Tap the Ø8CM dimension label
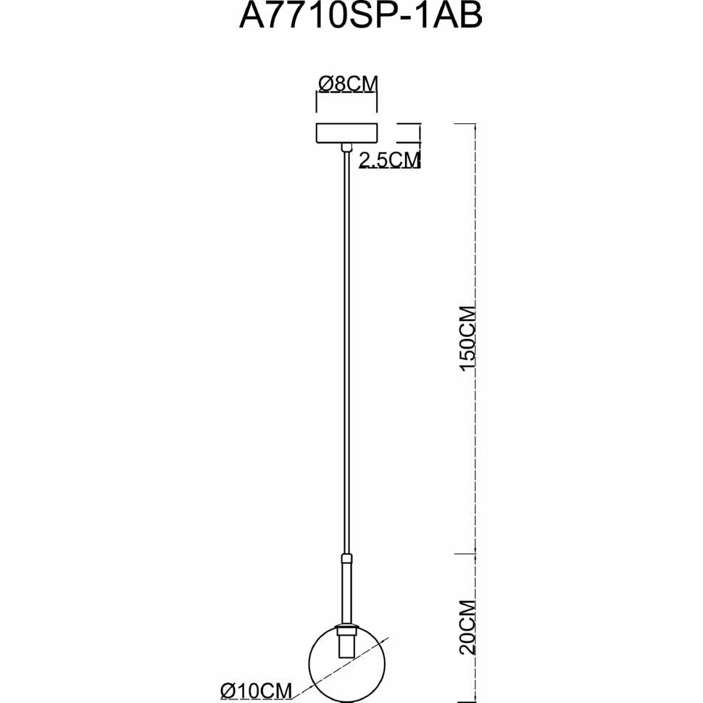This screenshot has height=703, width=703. [x=348, y=84]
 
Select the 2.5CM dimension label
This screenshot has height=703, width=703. [x=390, y=160]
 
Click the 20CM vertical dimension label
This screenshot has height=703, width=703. [x=467, y=627]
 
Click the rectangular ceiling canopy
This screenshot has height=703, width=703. [x=348, y=133]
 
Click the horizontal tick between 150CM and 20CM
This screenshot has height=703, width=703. [x=464, y=553]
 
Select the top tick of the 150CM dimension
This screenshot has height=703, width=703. [x=464, y=124]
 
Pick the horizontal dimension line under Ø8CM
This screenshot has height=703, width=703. [x=348, y=94]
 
